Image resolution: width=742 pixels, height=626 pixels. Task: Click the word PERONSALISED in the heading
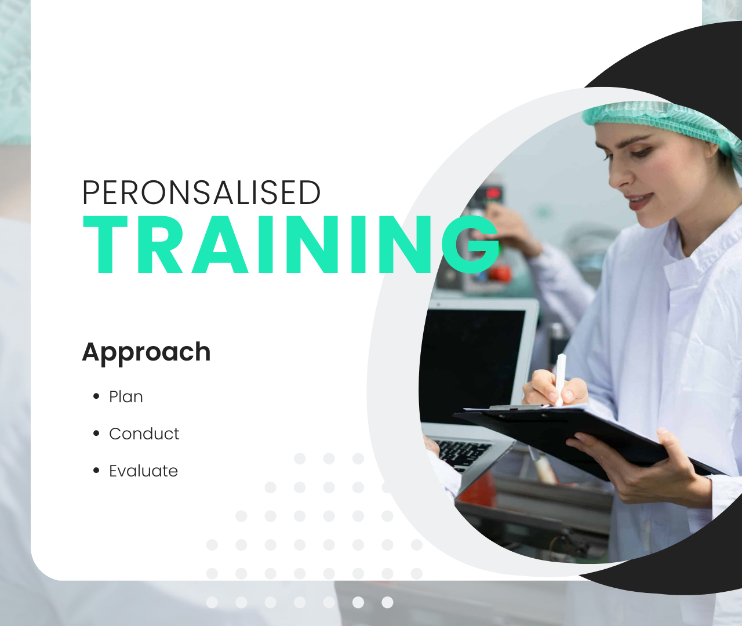pos(202,192)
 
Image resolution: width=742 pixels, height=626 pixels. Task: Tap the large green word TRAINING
pos(291,245)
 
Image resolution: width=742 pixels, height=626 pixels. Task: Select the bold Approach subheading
pos(147,352)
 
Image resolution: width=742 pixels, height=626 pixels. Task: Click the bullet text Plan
pos(126,396)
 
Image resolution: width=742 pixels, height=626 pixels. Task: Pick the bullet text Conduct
pos(144,434)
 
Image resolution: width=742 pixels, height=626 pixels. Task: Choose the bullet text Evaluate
pos(143,471)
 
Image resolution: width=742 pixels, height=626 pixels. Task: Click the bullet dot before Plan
pos(96,396)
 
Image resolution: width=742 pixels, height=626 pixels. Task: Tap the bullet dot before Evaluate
pos(96,471)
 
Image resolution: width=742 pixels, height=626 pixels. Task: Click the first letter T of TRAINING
pos(105,245)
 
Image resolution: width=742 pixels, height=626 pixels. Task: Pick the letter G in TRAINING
pos(471,245)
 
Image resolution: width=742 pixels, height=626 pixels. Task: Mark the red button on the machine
pos(499,274)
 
